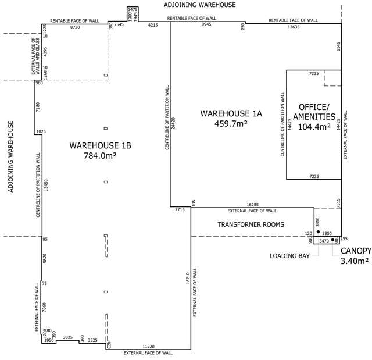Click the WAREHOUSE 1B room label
pos(100,145)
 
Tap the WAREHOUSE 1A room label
pos(231,113)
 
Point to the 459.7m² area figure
pos(231,123)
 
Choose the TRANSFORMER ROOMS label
pos(251,224)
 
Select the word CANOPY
pos(356,251)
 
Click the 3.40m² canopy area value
pos(356,261)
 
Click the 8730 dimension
pos(75,27)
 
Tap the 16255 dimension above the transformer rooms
pos(252,205)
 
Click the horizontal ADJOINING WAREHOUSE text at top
pos(200,5)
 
